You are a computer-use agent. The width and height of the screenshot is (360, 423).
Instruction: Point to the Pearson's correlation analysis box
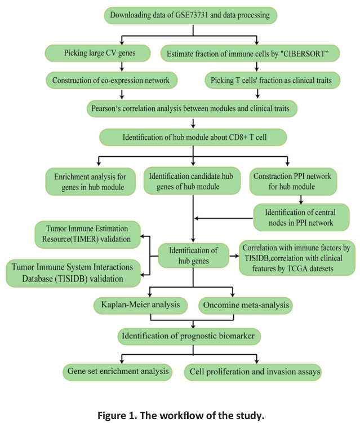(x=192, y=107)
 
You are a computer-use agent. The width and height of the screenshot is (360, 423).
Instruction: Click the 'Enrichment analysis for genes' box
(x=92, y=180)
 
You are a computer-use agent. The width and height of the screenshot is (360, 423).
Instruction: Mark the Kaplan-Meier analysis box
(x=141, y=305)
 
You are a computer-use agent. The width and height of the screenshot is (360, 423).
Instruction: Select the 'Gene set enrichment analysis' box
(x=119, y=371)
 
